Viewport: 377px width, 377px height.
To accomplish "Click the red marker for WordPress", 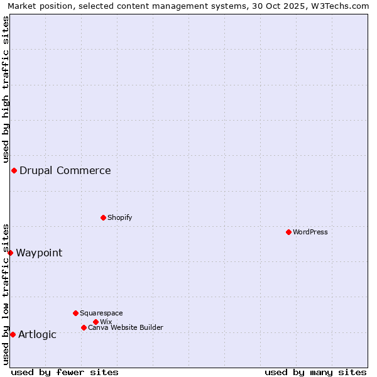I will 288,232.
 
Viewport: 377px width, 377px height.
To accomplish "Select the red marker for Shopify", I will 103,217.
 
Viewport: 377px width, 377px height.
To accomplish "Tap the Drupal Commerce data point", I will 14,171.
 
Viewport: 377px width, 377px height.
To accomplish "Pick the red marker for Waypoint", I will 10,253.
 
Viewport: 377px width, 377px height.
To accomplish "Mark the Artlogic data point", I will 13,334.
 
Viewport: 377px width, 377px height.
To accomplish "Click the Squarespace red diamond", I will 75,313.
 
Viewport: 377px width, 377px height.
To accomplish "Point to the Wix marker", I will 96,322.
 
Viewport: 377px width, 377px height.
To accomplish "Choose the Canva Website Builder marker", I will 84,327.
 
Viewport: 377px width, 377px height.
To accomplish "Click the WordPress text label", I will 310,232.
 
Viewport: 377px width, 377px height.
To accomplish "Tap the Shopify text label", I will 119,217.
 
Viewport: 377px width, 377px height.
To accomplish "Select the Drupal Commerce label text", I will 65,170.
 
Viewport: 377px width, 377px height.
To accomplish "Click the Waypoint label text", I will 39,253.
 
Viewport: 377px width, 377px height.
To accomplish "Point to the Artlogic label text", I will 37,334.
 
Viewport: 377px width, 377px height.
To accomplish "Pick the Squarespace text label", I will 101,313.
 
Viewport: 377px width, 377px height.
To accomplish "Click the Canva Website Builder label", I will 126,327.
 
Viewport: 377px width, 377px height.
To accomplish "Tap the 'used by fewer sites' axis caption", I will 65,372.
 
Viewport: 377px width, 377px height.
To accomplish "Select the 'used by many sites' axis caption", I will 315,372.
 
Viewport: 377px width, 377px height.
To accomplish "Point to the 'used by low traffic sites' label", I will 6,293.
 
